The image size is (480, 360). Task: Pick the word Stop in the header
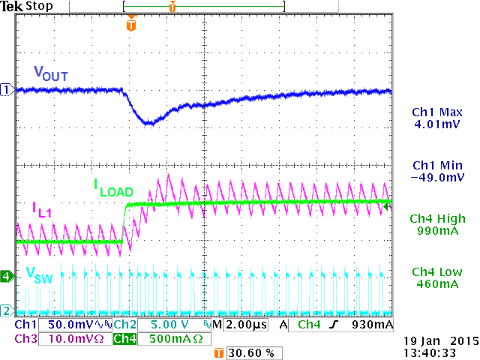[x=38, y=6]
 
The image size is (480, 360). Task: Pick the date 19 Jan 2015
[x=435, y=340]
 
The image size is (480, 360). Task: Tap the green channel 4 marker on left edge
[x=6, y=276]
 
